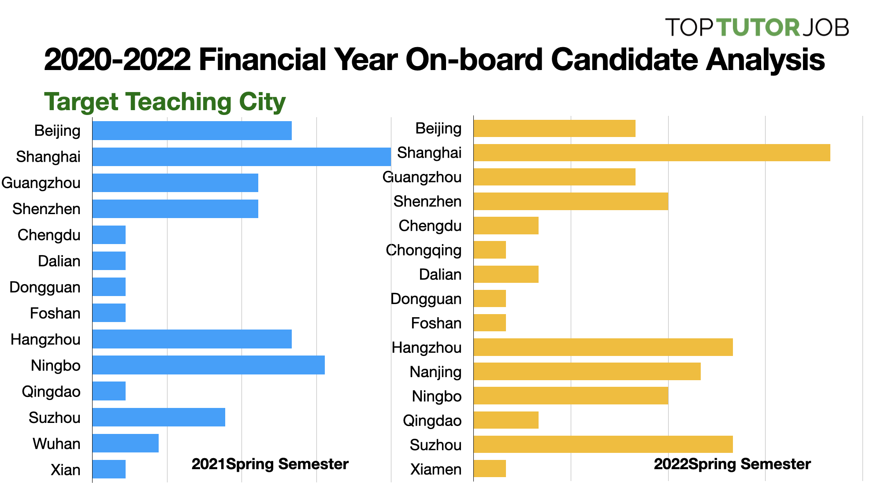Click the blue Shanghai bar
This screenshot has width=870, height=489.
point(242,157)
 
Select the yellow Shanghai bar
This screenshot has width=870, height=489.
point(651,153)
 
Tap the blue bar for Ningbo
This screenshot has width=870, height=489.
point(208,365)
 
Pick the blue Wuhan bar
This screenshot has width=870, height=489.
point(126,443)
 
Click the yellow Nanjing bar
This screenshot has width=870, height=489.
point(587,371)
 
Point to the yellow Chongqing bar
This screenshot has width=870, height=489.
point(490,250)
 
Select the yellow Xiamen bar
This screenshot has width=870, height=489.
point(490,469)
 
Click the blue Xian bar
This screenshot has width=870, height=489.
point(109,469)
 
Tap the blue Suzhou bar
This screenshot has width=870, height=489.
point(159,417)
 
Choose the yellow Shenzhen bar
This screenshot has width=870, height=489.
point(571,201)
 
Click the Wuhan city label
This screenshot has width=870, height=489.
point(56,444)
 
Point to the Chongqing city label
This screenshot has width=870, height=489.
point(424,250)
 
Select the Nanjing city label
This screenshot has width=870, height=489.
point(435,372)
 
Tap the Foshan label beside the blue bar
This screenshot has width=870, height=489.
point(55,313)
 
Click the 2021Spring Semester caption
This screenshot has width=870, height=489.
point(270,464)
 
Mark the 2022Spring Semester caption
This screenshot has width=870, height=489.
point(732,464)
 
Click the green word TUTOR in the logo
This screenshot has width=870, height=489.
point(758,27)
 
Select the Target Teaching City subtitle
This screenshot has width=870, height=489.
point(165,102)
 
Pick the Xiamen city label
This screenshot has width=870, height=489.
point(435,469)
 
